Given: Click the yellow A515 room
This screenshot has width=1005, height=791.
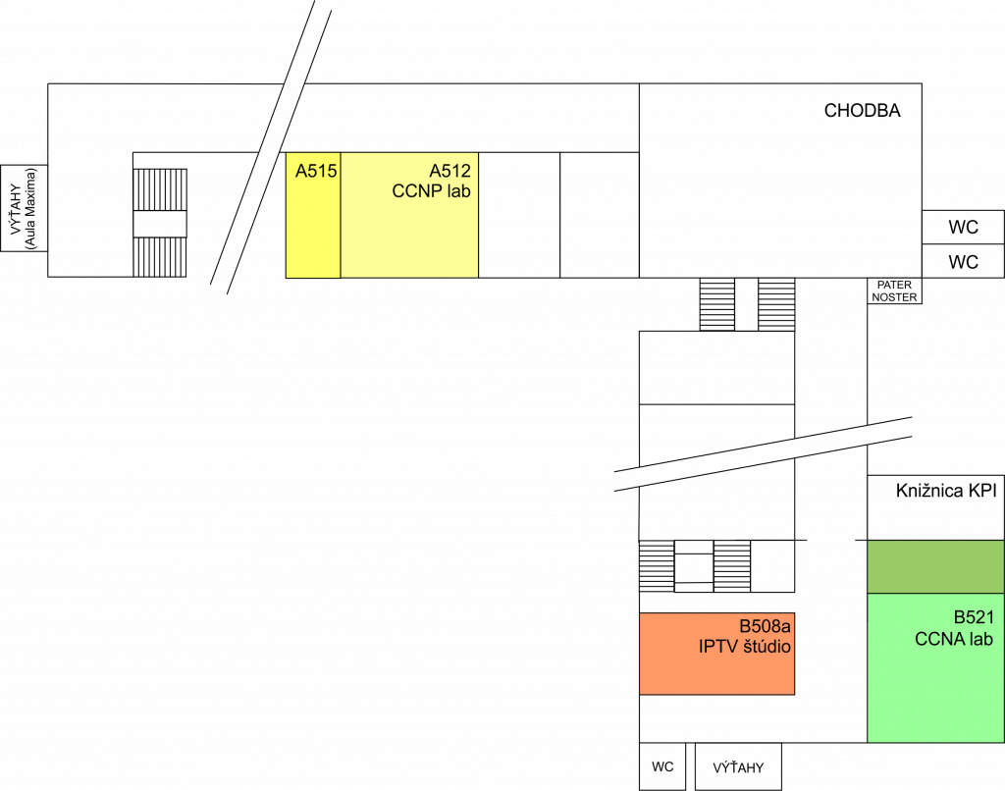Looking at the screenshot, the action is point(313,215).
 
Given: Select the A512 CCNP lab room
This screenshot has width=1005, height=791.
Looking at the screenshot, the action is point(409,215).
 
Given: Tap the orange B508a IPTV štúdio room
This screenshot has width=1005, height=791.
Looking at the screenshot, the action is point(716,654).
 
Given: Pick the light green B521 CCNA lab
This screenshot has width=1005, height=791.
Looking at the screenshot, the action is point(935,668).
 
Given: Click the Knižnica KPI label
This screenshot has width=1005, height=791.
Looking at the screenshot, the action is point(946,491).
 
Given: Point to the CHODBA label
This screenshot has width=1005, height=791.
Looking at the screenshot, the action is point(862,111).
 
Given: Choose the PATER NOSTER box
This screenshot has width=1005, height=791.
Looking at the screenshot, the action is point(895,291).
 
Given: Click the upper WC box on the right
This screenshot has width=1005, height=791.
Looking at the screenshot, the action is point(964,227).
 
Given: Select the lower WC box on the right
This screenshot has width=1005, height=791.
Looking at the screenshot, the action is point(964,261).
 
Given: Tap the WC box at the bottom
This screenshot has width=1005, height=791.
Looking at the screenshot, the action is point(662,766).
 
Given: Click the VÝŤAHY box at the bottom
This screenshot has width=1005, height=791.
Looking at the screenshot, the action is point(738,766).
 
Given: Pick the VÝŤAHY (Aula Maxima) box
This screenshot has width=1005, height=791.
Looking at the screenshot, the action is point(24,208).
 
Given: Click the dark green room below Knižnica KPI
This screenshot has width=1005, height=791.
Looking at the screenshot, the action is point(935,566).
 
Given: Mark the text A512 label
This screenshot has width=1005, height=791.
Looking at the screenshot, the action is point(450,171).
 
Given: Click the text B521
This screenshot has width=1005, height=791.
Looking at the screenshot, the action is point(974,617).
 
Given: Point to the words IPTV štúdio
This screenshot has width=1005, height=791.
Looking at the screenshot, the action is point(745,646).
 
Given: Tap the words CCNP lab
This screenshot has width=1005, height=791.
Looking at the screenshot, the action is point(432,191).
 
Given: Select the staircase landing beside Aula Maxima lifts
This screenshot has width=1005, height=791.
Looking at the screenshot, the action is point(160,224).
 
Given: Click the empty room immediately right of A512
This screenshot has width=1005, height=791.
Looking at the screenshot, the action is point(519,215).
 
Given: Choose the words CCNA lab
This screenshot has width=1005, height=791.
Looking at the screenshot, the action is point(954,639).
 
